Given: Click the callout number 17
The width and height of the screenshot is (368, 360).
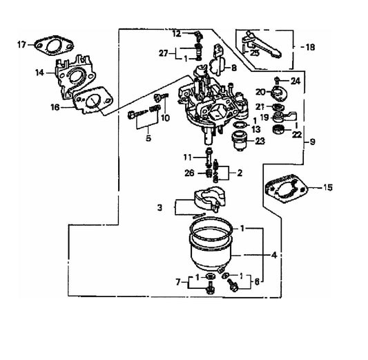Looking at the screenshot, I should (21, 45).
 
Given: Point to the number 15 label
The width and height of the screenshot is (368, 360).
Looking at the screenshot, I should (328, 187).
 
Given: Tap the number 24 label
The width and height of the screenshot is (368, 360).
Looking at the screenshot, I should (296, 80).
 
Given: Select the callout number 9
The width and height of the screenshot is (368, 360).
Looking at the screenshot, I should (313, 142).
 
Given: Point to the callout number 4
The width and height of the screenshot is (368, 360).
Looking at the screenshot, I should (274, 254).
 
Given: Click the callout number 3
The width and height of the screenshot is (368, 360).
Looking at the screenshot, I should (159, 207).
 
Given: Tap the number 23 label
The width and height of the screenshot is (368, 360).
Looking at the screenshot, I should (260, 141).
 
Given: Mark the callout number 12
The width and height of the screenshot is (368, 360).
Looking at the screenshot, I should (176, 33).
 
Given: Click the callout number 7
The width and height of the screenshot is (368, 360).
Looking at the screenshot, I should (178, 283).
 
